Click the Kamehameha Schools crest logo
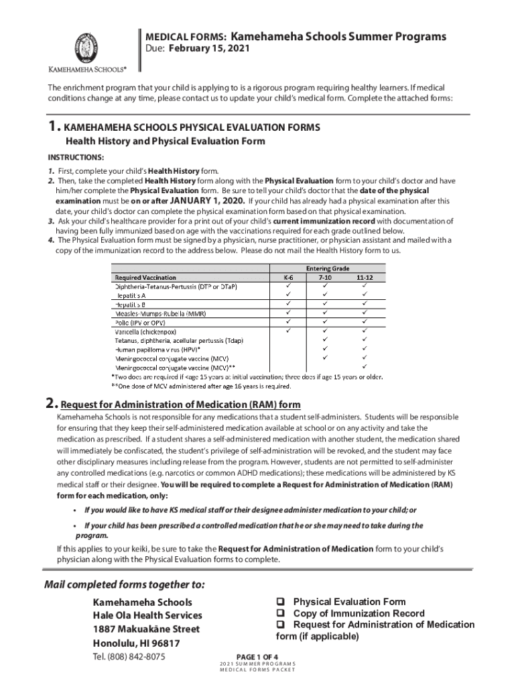click(x=88, y=46)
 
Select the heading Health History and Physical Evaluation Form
click(x=165, y=142)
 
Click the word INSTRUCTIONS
click(x=75, y=157)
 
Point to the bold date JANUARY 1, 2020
click(x=207, y=200)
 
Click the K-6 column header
click(x=289, y=276)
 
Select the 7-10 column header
click(x=326, y=276)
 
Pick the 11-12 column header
click(x=365, y=276)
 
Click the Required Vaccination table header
click(x=145, y=276)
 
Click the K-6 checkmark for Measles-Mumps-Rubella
click(x=289, y=312)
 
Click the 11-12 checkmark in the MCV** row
click(x=365, y=367)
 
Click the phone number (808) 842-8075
click(x=138, y=656)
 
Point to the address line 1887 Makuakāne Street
click(x=146, y=629)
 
